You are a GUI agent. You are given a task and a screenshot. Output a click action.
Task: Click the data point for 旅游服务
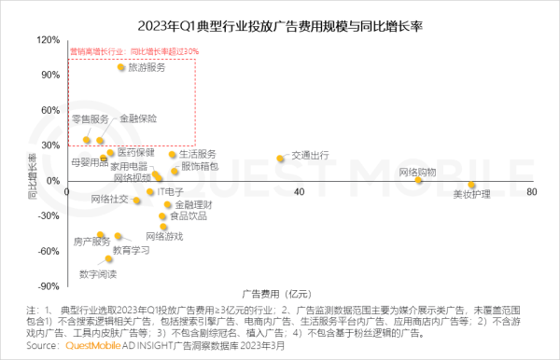pyautogui.click(x=121, y=67)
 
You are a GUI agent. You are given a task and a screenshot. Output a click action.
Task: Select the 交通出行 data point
pyautogui.click(x=280, y=159)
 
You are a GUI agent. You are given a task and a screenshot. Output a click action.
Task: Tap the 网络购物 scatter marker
pyautogui.click(x=419, y=179)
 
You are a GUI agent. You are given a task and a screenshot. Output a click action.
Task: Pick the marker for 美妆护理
pyautogui.click(x=472, y=185)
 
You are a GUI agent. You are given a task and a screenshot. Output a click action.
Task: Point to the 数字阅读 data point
pyautogui.click(x=108, y=257)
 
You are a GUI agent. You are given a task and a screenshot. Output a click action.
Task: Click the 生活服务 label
pyautogui.click(x=197, y=153)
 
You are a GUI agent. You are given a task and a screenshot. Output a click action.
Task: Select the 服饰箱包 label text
pyautogui.click(x=200, y=166)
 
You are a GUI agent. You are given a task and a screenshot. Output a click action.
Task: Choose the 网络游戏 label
pyautogui.click(x=164, y=236)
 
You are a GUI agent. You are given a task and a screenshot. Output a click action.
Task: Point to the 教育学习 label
pyautogui.click(x=131, y=250)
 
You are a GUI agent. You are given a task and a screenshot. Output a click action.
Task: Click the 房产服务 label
pyautogui.click(x=91, y=242)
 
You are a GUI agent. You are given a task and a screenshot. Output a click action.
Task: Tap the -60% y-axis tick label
pyautogui.click(x=47, y=252)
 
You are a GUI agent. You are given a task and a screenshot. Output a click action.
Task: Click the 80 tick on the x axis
pyautogui.click(x=531, y=191)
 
